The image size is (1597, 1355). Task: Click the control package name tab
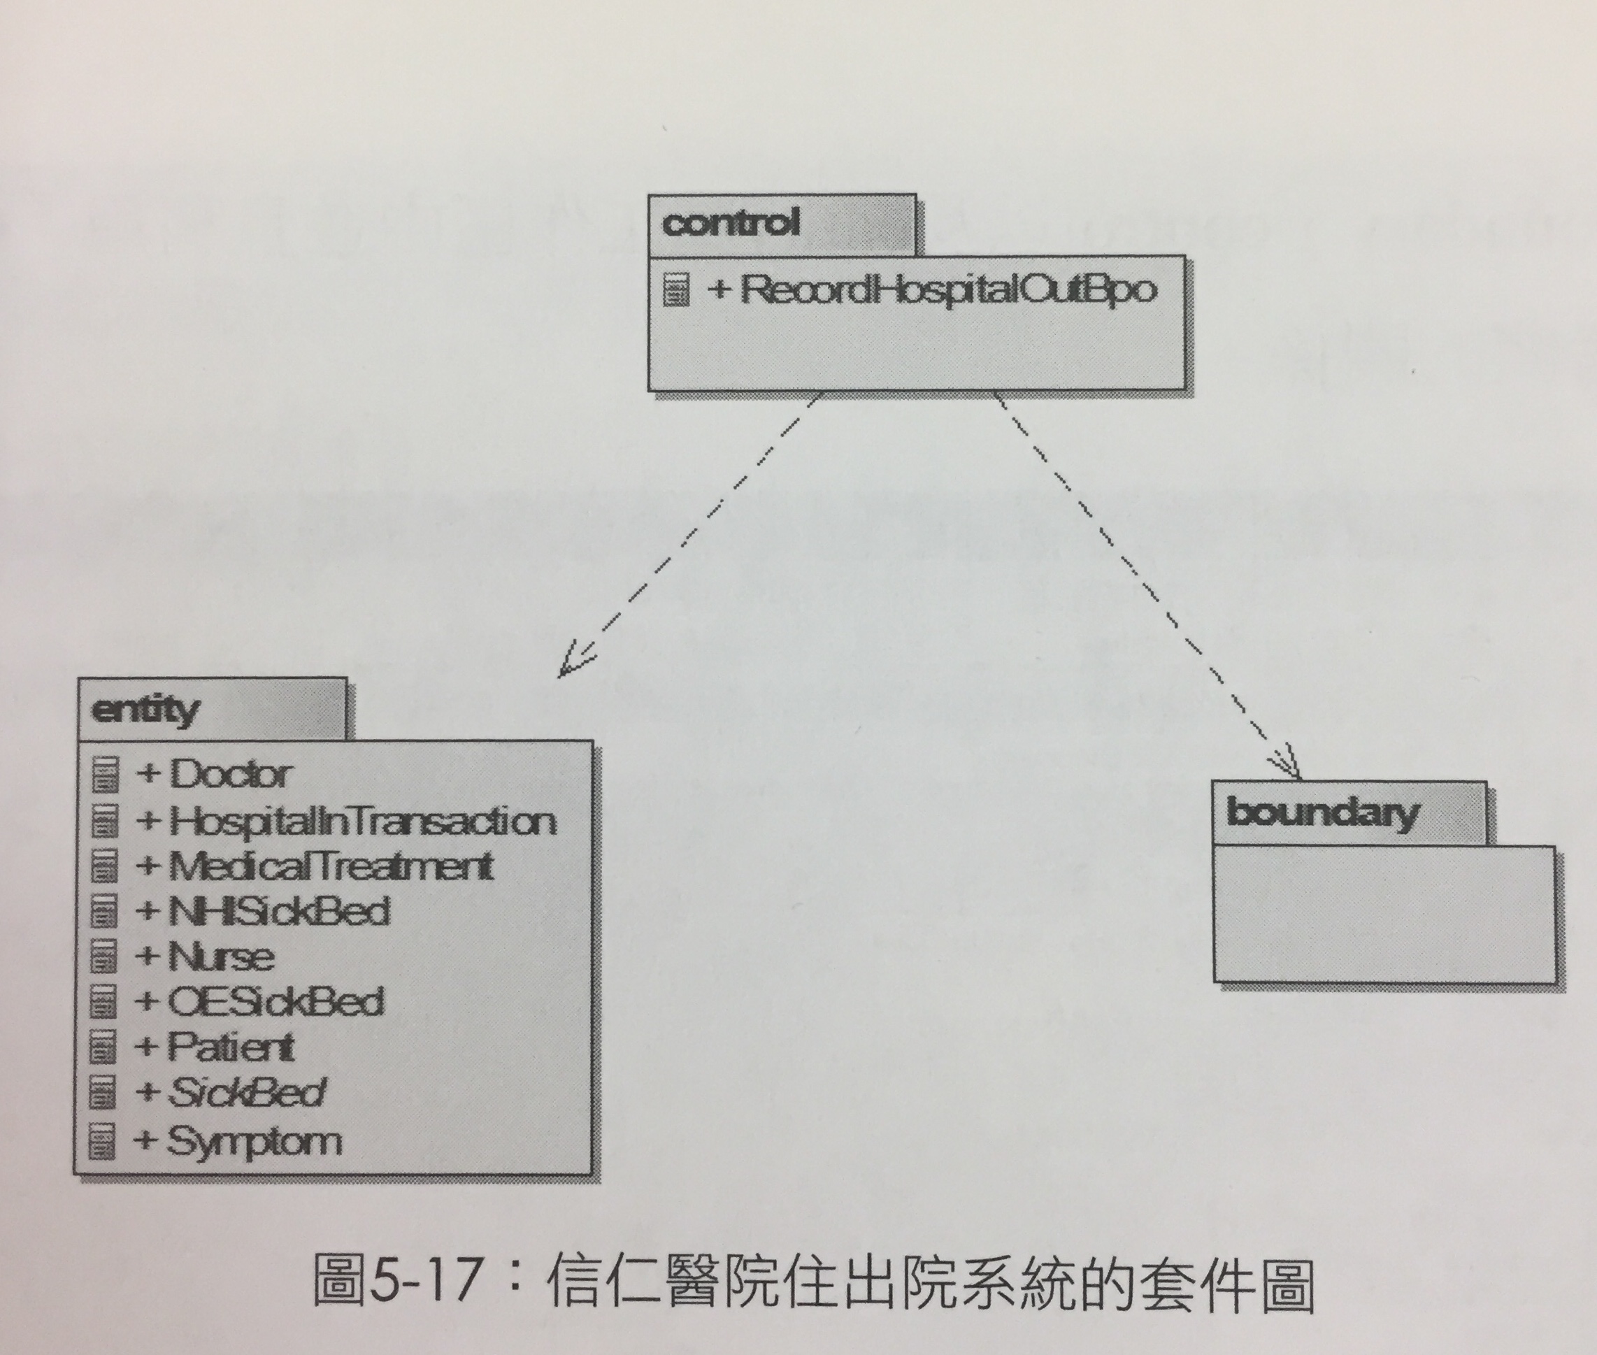coord(782,224)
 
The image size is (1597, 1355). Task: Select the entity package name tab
coord(212,709)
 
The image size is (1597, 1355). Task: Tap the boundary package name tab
coord(1349,813)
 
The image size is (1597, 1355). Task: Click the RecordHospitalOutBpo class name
coord(948,290)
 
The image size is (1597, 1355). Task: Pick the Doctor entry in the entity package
coord(229,773)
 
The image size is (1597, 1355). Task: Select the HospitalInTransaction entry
coord(361,820)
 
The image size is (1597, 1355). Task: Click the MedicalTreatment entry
coord(330,866)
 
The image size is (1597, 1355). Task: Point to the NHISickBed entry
coord(279,912)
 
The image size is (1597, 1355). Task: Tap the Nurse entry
coord(220,957)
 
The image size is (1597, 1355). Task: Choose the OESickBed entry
coord(275,1002)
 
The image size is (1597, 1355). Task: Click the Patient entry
coord(231,1047)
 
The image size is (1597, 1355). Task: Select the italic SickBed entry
coord(246,1092)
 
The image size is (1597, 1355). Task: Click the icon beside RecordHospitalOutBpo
coord(676,290)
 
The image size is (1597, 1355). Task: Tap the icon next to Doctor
coord(106,774)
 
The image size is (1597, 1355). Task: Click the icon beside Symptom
coord(102,1140)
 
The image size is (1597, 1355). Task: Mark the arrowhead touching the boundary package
coord(1287,764)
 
